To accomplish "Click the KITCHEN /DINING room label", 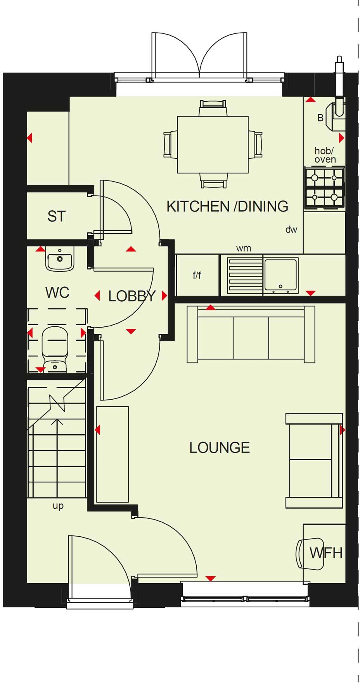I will (x=227, y=206).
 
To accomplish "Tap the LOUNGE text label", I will (x=220, y=447).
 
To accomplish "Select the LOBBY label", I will (x=132, y=296).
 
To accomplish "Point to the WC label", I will (x=57, y=292).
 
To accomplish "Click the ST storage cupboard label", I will (x=57, y=216).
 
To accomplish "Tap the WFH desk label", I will (x=326, y=553).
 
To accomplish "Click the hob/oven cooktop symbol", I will (x=324, y=188).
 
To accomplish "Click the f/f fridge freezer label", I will (x=197, y=276).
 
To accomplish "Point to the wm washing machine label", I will (x=244, y=248).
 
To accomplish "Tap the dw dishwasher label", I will (x=291, y=229).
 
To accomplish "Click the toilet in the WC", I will (x=55, y=347).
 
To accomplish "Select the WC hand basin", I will (x=60, y=260).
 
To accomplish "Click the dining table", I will (x=213, y=145).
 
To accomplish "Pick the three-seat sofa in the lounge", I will (x=251, y=334).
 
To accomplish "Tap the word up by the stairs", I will (x=58, y=506).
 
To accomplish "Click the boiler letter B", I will (x=320, y=118).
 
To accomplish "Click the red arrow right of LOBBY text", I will (x=164, y=296).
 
